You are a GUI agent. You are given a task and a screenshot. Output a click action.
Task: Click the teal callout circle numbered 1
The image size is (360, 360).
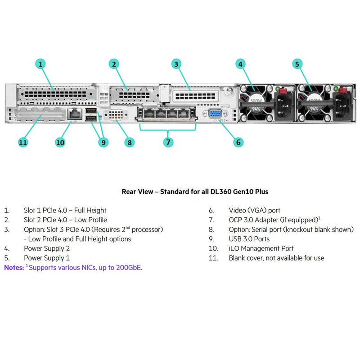(41, 64)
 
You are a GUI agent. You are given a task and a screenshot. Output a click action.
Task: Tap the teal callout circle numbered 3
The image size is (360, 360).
(176, 64)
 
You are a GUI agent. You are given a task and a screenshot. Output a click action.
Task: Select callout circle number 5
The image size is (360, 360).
(297, 64)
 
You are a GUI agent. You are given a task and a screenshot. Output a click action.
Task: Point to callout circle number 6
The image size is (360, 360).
(238, 142)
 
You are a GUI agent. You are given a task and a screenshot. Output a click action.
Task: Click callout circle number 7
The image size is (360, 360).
(168, 142)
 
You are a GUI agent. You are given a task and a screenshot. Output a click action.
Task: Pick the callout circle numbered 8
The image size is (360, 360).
(130, 142)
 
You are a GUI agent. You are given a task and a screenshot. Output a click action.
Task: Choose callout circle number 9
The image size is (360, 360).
(103, 142)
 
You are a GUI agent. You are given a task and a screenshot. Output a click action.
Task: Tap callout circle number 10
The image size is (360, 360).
(60, 142)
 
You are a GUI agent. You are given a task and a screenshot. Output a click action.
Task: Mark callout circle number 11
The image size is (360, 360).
(23, 142)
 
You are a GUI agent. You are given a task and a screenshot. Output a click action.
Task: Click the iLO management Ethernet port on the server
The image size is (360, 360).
(73, 114)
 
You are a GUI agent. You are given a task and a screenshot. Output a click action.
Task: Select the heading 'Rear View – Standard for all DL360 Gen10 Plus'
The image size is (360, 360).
(195, 191)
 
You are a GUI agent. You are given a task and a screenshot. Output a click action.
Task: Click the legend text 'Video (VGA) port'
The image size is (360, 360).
(254, 210)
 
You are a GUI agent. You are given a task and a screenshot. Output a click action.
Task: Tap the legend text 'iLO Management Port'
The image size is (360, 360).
(261, 248)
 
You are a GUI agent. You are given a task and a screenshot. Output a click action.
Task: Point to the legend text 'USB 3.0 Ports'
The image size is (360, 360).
(249, 239)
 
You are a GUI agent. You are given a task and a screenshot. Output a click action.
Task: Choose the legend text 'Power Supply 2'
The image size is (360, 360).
(46, 248)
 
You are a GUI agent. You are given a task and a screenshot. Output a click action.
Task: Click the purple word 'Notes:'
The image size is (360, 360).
(13, 267)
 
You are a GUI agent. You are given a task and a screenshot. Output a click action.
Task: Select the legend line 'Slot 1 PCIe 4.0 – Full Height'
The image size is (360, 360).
(65, 210)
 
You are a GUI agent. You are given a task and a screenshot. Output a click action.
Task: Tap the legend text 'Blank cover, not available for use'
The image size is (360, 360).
(276, 258)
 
